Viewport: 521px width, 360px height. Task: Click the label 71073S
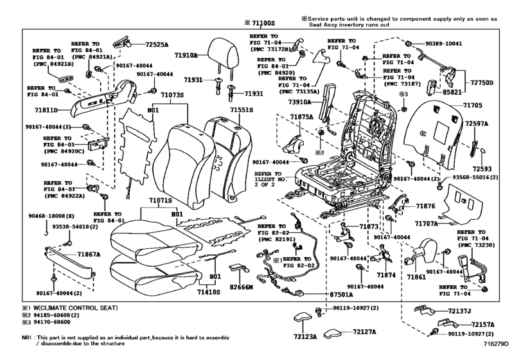click(173, 94)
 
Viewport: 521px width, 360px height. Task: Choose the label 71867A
click(91, 254)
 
